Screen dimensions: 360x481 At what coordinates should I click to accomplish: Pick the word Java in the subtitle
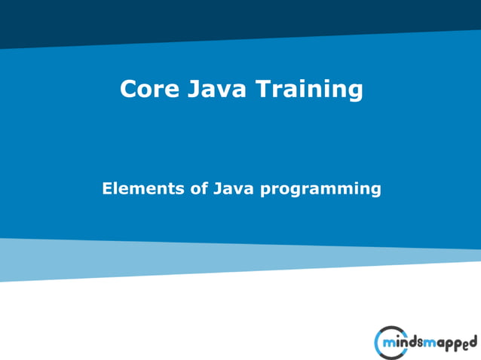234,188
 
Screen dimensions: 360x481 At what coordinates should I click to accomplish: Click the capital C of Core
128,90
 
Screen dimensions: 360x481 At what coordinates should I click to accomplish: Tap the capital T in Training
261,90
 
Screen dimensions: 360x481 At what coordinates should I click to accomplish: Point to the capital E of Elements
107,188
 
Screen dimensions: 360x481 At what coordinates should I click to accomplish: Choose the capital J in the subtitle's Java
218,188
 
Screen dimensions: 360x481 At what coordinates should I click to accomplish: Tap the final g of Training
354,93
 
